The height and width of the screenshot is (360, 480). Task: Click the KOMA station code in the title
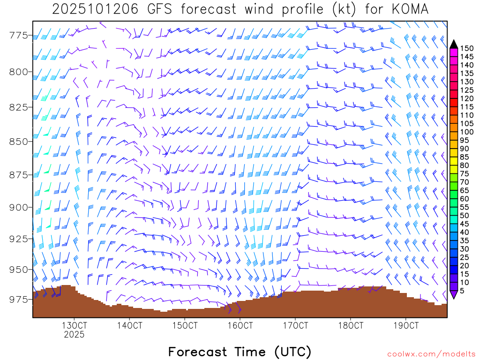pos(409,9)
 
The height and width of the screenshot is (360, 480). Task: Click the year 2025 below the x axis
pos(75,334)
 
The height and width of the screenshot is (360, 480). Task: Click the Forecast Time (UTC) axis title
pos(240,352)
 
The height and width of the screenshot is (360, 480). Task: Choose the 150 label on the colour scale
pos(467,48)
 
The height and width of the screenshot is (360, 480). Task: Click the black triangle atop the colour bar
pos(454,44)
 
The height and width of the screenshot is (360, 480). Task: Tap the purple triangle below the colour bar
pos(454,294)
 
